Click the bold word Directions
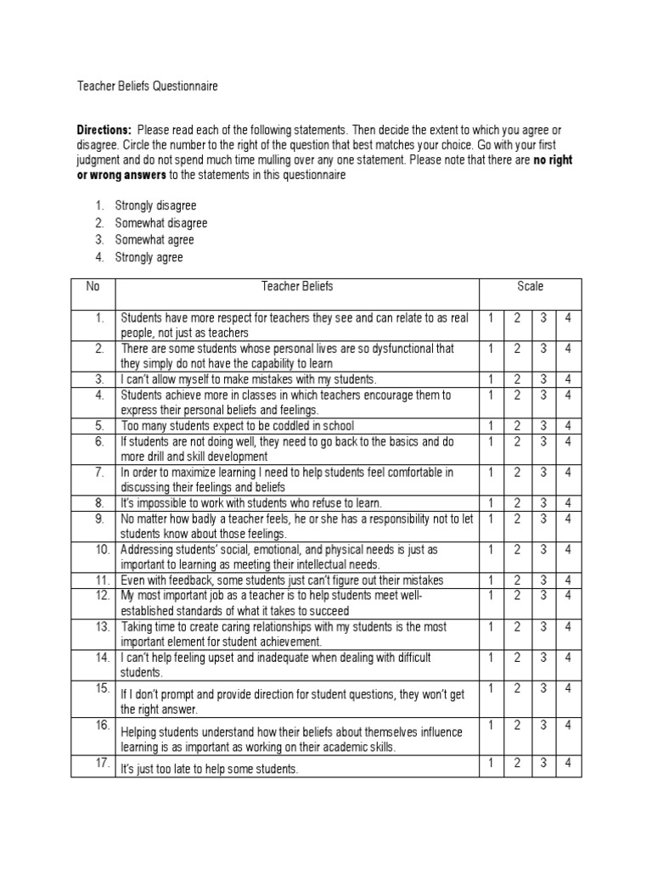click(x=104, y=130)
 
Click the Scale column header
click(x=531, y=287)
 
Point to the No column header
click(x=93, y=287)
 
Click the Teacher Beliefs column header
click(x=297, y=287)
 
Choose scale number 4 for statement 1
click(x=568, y=317)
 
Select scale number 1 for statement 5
click(x=492, y=425)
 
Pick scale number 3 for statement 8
click(x=542, y=503)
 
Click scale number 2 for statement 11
click(x=517, y=580)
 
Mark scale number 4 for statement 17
click(x=568, y=763)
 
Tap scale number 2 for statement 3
click(x=517, y=379)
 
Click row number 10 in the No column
click(x=102, y=550)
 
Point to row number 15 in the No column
click(x=102, y=686)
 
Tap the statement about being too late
click(x=209, y=769)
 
